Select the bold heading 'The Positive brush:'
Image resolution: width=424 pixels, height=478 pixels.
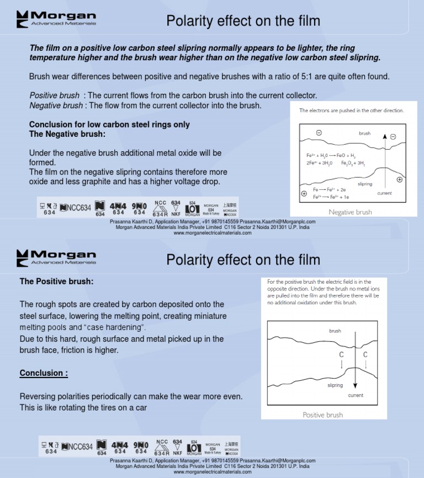(56, 282)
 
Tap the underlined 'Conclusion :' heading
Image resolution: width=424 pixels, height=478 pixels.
(44, 373)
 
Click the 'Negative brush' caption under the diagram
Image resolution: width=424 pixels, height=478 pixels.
(350, 212)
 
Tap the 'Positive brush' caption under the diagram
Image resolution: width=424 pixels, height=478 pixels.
(322, 415)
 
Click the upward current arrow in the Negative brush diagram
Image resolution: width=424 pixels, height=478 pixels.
(385, 160)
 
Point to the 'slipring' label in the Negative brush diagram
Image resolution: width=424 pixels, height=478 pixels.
(365, 184)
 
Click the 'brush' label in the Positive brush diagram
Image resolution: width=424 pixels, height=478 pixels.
(335, 331)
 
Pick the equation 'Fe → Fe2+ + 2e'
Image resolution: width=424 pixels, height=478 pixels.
(330, 190)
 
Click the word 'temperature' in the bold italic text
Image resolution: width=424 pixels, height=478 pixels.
(53, 57)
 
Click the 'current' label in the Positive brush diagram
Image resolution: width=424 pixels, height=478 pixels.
(356, 395)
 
